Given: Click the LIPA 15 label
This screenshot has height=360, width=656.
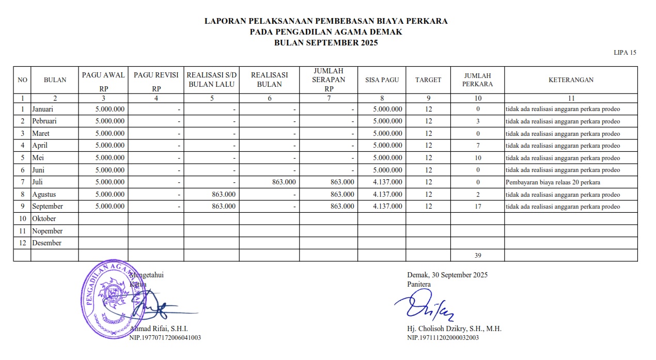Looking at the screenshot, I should [x=625, y=53].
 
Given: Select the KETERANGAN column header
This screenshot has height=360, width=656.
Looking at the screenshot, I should [x=571, y=80].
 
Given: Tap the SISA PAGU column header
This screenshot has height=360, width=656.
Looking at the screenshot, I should [x=381, y=80].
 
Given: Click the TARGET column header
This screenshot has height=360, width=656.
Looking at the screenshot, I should [x=428, y=80].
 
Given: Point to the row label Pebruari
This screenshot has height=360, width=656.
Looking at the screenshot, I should [x=44, y=121].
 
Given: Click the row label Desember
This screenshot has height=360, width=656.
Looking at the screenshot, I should [x=46, y=243].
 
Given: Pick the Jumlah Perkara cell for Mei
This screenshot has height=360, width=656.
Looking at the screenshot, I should [x=478, y=158].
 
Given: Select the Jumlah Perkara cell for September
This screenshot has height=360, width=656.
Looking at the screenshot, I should [x=478, y=207].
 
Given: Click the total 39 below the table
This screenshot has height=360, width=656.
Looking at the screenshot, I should [x=478, y=255].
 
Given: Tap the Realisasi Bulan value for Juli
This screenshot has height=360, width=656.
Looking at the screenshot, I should [x=283, y=182].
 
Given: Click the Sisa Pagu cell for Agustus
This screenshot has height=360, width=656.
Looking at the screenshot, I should [x=387, y=195].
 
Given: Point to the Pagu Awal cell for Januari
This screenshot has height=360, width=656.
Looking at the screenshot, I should [x=110, y=109].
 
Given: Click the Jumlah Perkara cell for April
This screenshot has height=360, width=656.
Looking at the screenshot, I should [x=478, y=146].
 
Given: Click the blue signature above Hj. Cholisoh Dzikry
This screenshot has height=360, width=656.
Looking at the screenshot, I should [x=424, y=305].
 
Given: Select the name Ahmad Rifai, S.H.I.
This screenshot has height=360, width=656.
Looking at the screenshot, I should [x=159, y=329].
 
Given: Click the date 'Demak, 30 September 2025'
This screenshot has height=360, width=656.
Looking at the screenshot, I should [x=447, y=275].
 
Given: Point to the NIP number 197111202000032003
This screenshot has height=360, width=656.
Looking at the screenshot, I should [x=443, y=338].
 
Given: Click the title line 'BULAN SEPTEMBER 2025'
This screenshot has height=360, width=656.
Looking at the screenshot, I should [x=326, y=43].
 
